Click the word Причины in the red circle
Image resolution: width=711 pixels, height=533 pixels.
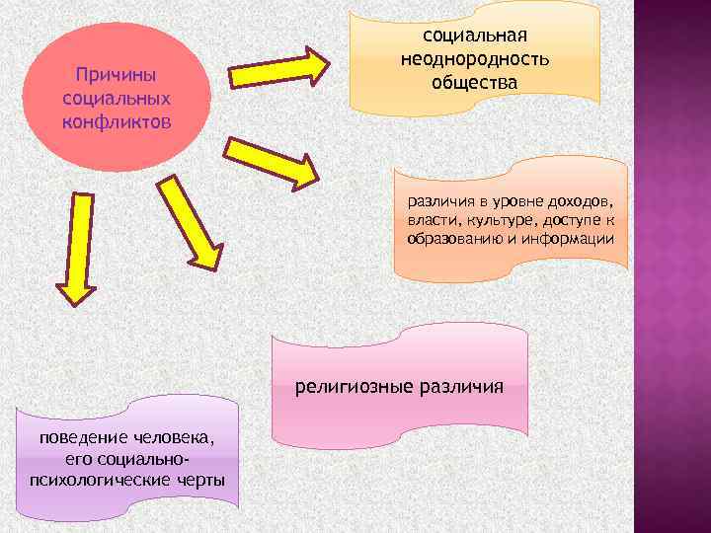pyautogui.click(x=117, y=77)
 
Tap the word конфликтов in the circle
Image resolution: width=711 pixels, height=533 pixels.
pyautogui.click(x=117, y=120)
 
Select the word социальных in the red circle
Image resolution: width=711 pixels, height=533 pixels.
pyautogui.click(x=117, y=99)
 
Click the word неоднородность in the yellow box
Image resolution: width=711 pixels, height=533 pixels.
pyautogui.click(x=475, y=60)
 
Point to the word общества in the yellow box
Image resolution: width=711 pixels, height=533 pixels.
pyautogui.click(x=474, y=82)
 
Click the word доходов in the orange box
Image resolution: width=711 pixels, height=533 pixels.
pyautogui.click(x=584, y=202)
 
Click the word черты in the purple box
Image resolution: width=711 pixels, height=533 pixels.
pyautogui.click(x=197, y=481)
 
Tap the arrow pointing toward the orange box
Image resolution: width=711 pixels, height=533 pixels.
pyautogui.click(x=273, y=160)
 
